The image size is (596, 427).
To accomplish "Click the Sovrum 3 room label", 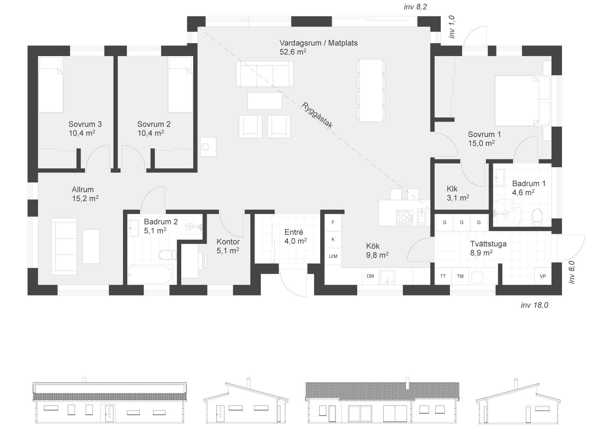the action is (x=85, y=124).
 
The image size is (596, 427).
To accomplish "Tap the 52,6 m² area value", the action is (x=293, y=52).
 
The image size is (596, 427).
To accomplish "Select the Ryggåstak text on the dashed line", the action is (x=317, y=115).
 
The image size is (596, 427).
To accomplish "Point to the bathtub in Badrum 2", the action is (x=150, y=275).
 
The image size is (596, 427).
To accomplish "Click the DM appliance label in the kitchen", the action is (x=370, y=276).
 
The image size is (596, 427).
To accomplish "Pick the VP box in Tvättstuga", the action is (x=543, y=276).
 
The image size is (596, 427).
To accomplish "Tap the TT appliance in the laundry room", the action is (x=443, y=276).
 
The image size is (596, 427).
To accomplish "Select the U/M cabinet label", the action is (x=333, y=256).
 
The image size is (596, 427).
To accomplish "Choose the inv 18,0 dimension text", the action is (x=534, y=305).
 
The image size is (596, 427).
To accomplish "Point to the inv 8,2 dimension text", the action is (x=415, y=7).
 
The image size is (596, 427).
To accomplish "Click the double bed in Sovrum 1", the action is (x=522, y=101).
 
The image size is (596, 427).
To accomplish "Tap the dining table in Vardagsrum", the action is (x=371, y=90).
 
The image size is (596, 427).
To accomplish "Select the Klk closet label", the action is (x=452, y=189).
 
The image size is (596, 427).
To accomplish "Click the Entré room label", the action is (x=294, y=232).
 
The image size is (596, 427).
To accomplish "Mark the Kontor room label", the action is (x=228, y=242).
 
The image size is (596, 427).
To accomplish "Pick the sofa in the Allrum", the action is (x=64, y=246).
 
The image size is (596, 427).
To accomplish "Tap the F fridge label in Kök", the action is (x=333, y=222).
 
